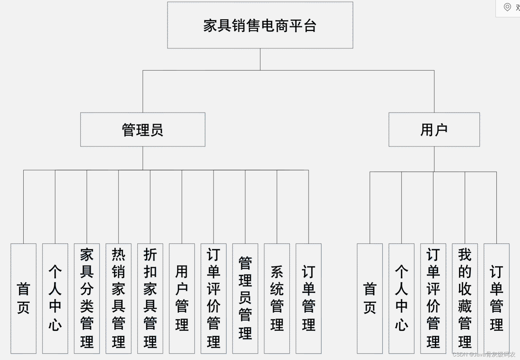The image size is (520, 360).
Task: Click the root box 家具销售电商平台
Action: [x=260, y=25]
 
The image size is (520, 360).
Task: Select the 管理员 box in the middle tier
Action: [x=143, y=130]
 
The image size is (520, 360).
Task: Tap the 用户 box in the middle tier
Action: [x=434, y=130]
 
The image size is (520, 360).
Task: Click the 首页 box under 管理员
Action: [x=24, y=298]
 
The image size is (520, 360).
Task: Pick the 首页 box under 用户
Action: [x=370, y=298]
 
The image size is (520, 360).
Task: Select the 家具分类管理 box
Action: [x=87, y=298]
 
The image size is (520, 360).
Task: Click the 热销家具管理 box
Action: [x=119, y=298]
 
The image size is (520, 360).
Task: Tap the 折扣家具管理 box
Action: [x=150, y=298]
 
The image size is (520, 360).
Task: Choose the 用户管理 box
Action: [x=182, y=298]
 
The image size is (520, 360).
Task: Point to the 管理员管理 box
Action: [x=245, y=298]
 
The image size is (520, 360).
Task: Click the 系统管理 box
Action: [x=277, y=298]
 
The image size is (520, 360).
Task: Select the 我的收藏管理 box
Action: [x=465, y=298]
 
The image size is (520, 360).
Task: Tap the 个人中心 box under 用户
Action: [x=401, y=298]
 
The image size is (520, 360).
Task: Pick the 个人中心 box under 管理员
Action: [x=55, y=298]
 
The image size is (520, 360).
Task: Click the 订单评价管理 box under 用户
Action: [x=433, y=298]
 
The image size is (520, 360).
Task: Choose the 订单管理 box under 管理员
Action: [x=308, y=298]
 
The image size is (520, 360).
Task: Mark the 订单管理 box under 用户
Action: [x=496, y=298]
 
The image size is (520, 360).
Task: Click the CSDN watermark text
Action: [x=484, y=355]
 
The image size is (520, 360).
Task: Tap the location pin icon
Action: [x=507, y=7]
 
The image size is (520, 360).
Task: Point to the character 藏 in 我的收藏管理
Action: [x=465, y=306]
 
